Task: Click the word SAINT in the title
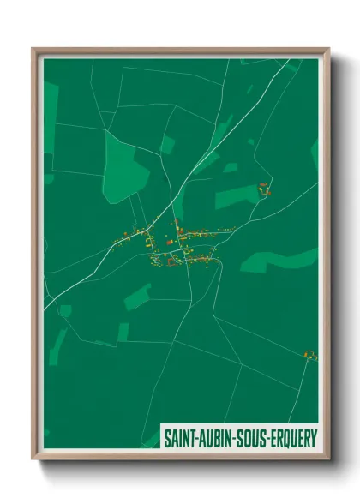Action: coord(181,437)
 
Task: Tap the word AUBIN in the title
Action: coord(216,437)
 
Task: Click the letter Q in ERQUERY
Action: coord(285,437)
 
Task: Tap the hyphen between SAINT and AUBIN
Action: coord(198,438)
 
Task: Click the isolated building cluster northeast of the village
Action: coord(265,189)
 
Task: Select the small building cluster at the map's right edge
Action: coord(309,354)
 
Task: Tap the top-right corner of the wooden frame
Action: coord(327,50)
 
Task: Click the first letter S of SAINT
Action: coord(167,437)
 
